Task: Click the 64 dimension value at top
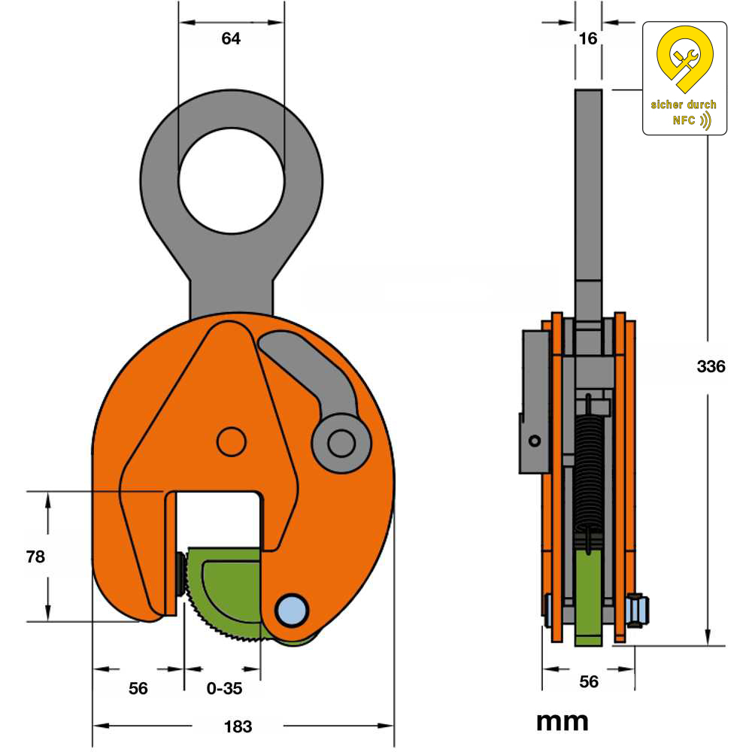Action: (x=231, y=39)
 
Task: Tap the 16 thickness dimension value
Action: (x=588, y=38)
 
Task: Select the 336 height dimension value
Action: (x=711, y=367)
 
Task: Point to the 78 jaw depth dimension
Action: (x=35, y=556)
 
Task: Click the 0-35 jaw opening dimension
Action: (x=223, y=687)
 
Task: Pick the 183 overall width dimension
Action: (x=238, y=726)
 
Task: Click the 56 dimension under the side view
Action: (x=588, y=681)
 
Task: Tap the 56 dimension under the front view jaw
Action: (x=138, y=687)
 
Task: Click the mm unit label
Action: (x=562, y=722)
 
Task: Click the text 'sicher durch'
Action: (x=684, y=105)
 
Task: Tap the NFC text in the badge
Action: (x=684, y=120)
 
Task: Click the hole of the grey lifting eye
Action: (x=231, y=179)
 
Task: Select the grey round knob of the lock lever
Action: (x=341, y=443)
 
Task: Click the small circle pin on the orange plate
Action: (x=231, y=441)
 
